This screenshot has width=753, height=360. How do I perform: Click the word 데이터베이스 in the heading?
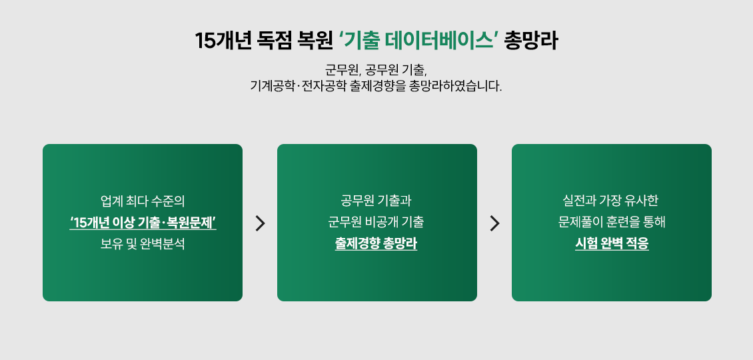coord(439,41)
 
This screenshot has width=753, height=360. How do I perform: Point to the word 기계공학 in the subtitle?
coord(272,87)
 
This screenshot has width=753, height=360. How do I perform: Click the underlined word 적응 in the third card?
coord(638,244)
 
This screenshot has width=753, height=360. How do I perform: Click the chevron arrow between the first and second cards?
coord(261,223)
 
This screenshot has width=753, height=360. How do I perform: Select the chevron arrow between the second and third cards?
coord(494,223)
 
